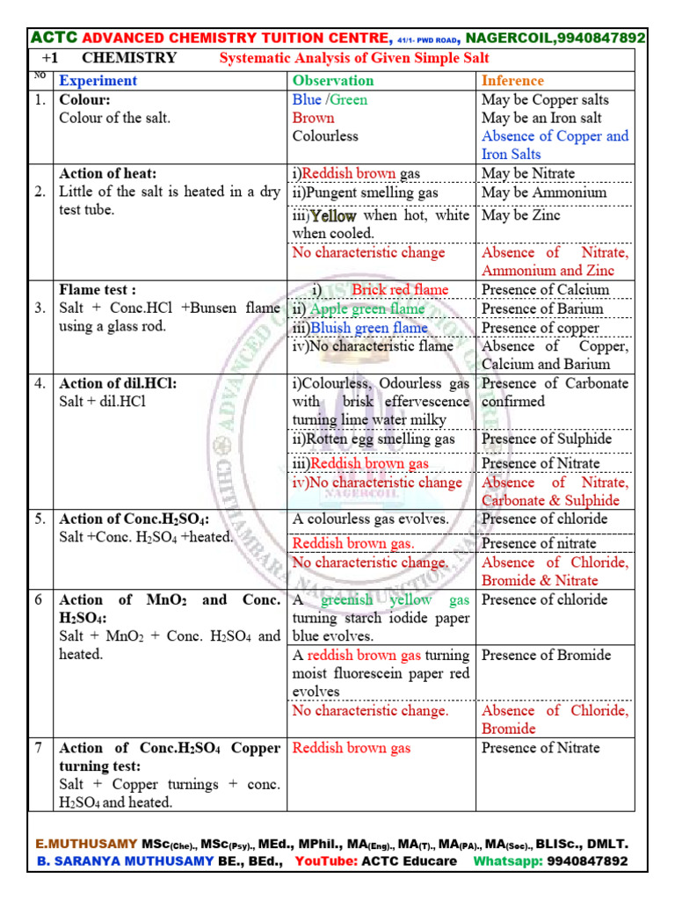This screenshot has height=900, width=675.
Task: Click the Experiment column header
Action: [x=98, y=81]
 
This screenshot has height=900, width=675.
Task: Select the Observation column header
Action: [x=332, y=81]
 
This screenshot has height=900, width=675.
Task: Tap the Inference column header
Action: [x=512, y=81]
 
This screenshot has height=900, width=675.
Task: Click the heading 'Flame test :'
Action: [x=97, y=290]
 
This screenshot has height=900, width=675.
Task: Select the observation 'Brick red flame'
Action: [x=400, y=290]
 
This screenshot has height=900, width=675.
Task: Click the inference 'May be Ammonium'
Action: [x=544, y=192]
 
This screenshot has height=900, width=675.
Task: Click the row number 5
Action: [x=39, y=519]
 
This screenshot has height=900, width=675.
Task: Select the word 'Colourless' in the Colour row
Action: [x=325, y=136]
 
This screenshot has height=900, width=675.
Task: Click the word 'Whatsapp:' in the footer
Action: [x=507, y=861]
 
